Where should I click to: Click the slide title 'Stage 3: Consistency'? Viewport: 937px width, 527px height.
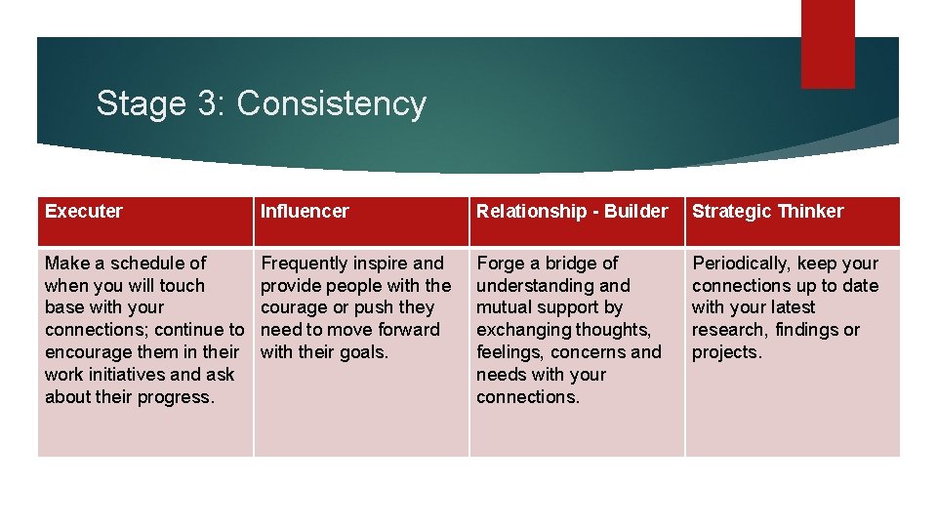[x=261, y=103]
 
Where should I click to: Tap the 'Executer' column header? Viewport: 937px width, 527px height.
[x=84, y=211]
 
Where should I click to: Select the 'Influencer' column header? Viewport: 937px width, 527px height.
[x=305, y=211]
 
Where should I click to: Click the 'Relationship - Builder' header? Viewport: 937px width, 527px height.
[x=572, y=211]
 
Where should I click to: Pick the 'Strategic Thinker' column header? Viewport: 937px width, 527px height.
[x=767, y=211]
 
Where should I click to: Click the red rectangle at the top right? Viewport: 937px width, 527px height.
[x=827, y=43]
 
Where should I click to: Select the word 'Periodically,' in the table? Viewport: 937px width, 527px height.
[x=741, y=263]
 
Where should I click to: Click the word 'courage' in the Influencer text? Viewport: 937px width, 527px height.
[x=293, y=307]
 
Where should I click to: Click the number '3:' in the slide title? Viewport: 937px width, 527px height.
[x=211, y=103]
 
